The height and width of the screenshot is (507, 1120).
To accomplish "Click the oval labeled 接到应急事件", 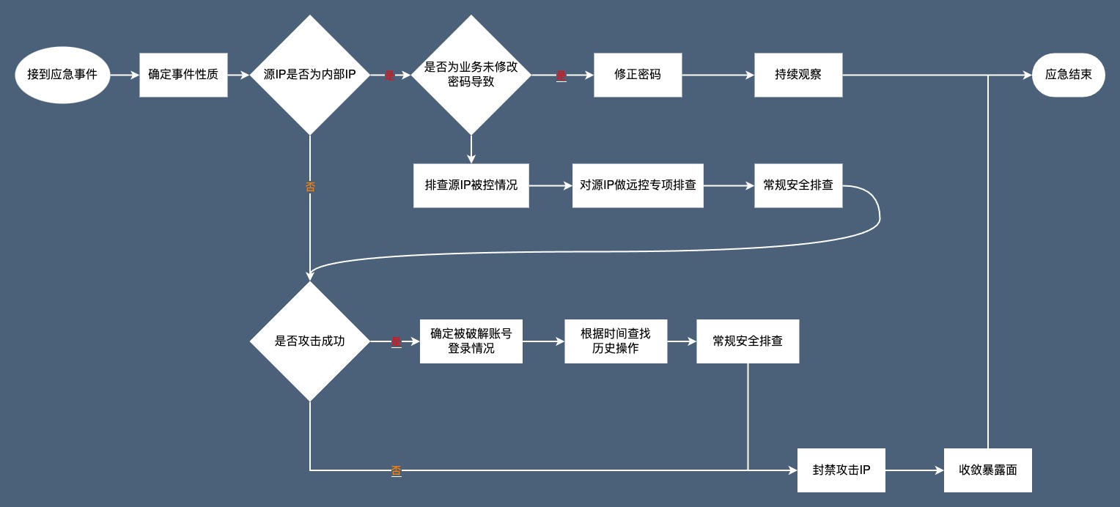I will pyautogui.click(x=62, y=75).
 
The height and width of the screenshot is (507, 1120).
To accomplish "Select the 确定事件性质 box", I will pyautogui.click(x=183, y=75).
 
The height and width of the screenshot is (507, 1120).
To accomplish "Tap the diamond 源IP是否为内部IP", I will pyautogui.click(x=310, y=75).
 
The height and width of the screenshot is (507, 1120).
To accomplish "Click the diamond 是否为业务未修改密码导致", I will pyautogui.click(x=471, y=75).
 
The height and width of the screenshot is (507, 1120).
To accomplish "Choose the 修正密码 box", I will pyautogui.click(x=638, y=75).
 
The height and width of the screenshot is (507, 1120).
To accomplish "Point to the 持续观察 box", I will pyautogui.click(x=798, y=75).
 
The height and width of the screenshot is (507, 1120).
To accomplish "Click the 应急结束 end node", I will pyautogui.click(x=1068, y=75).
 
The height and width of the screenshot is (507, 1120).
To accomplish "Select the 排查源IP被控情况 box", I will pyautogui.click(x=471, y=185).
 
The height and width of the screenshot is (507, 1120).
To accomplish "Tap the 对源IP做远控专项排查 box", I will pyautogui.click(x=638, y=185).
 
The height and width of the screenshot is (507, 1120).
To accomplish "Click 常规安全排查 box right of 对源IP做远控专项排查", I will pyautogui.click(x=798, y=185).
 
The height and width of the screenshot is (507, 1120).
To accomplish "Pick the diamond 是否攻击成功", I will pyautogui.click(x=310, y=341).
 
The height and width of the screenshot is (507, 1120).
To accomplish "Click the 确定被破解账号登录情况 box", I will pyautogui.click(x=471, y=341).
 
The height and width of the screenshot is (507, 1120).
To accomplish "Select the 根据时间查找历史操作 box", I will pyautogui.click(x=616, y=341).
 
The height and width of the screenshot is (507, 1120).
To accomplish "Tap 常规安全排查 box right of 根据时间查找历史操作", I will pyautogui.click(x=748, y=341).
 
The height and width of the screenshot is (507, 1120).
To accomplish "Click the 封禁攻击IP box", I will pyautogui.click(x=841, y=470).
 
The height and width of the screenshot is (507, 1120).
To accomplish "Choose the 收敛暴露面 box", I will pyautogui.click(x=988, y=470).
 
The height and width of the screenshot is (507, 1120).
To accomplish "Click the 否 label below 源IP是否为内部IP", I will pyautogui.click(x=310, y=187).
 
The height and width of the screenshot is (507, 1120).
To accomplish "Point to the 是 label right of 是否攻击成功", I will pyautogui.click(x=396, y=341).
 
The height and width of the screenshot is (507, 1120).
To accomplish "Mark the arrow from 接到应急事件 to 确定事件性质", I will pyautogui.click(x=125, y=75).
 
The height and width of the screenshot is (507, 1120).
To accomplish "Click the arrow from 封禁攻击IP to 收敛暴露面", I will pyautogui.click(x=915, y=470).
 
